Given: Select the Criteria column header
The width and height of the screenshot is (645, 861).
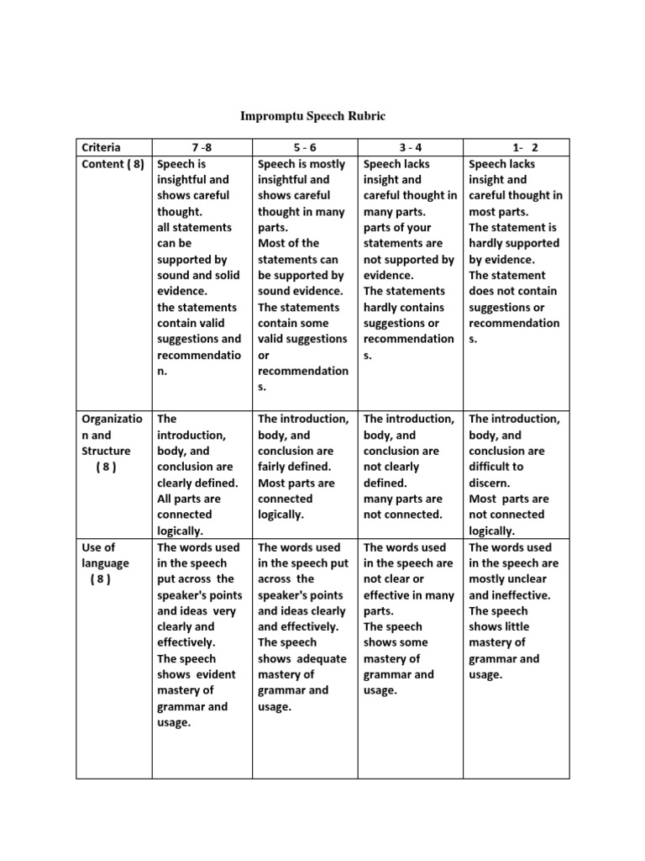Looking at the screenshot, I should [101, 148].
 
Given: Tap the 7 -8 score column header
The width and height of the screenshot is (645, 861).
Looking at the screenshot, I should [202, 148].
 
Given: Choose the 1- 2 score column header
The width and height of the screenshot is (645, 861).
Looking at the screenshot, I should [517, 148].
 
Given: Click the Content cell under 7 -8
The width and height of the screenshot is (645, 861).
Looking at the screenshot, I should [202, 267].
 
